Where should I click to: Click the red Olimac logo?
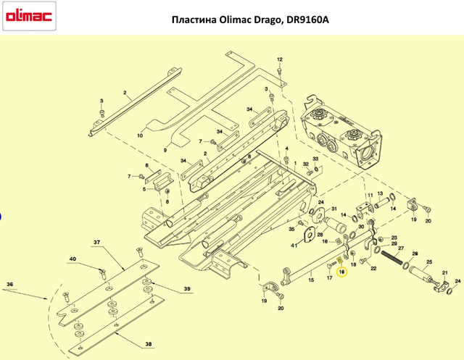[x=29, y=16]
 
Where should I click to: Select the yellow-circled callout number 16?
[x=342, y=272]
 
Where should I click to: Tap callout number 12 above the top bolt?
[x=280, y=59]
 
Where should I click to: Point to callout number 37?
[x=97, y=243]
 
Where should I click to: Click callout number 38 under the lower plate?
[x=149, y=344]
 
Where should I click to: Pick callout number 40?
[x=72, y=259]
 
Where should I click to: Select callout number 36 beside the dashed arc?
[x=9, y=285]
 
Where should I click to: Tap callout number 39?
[x=187, y=289]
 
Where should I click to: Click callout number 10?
[x=140, y=135]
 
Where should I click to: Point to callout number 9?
[x=165, y=150]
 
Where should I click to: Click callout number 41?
[x=294, y=246]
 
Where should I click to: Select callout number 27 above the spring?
[x=401, y=248]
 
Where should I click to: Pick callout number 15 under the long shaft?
[x=311, y=280]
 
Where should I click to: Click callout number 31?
[x=333, y=209]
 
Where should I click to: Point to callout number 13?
[x=380, y=193]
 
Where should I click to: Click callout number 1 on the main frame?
[x=295, y=163]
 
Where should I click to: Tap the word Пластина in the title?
[x=194, y=20]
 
